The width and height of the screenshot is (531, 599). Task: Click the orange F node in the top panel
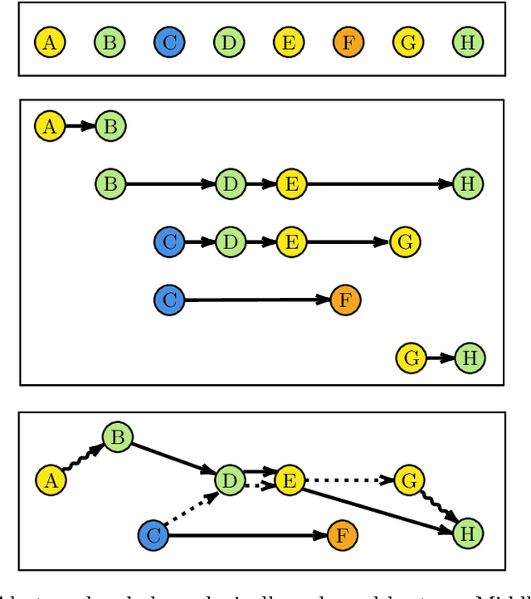[x=348, y=42]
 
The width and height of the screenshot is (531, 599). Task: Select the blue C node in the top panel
[x=169, y=42]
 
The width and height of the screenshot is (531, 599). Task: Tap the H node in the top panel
[x=468, y=42]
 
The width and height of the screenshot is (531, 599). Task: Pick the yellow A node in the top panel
[x=50, y=42]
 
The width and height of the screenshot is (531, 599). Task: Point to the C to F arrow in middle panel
[x=258, y=299]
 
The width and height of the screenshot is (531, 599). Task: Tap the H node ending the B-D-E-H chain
[x=468, y=183]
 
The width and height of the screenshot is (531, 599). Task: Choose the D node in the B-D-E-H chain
[x=230, y=183]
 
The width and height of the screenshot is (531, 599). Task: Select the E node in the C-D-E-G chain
[x=290, y=242]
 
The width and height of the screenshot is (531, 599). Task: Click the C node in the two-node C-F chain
[x=169, y=299]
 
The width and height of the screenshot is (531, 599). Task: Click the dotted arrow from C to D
[x=192, y=509]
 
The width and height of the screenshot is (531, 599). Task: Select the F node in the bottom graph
[x=343, y=536]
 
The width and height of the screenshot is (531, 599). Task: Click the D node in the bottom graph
[x=229, y=480]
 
